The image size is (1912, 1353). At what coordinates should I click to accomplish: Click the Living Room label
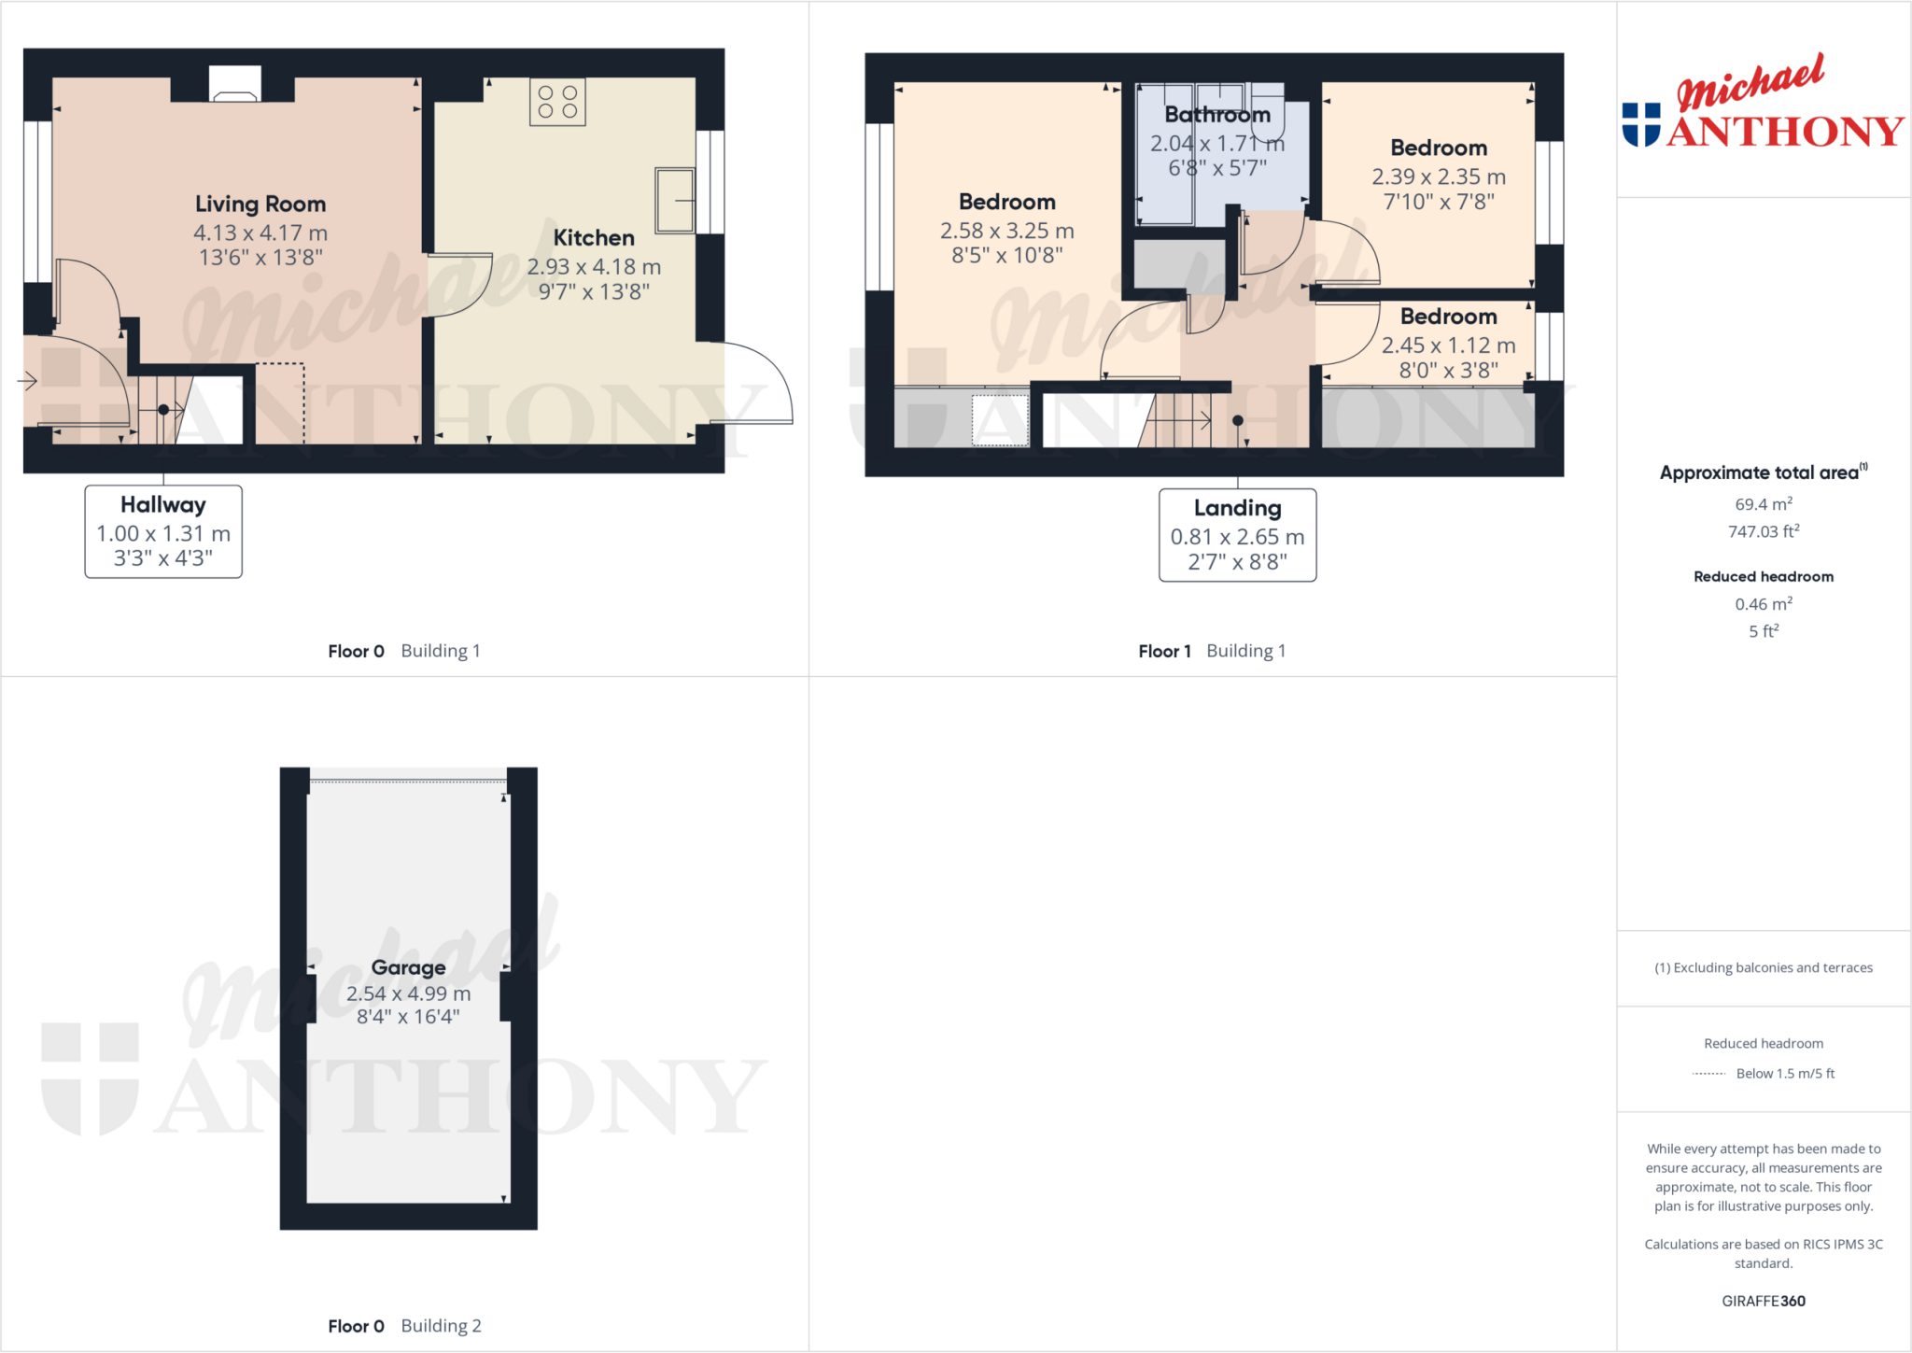[260, 204]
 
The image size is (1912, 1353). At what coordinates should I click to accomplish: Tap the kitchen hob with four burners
[557, 102]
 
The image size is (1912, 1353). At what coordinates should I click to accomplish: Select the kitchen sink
[675, 200]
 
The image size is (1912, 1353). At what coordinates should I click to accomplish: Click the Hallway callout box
[163, 531]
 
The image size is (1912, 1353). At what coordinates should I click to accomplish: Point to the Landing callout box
[1237, 535]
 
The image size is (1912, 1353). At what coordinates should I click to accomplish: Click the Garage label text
[408, 967]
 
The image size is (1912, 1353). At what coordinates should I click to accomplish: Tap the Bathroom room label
[1217, 115]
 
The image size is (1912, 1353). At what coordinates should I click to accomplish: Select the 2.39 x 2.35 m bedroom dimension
[1439, 176]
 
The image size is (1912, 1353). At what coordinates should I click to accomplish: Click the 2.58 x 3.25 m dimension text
[1006, 231]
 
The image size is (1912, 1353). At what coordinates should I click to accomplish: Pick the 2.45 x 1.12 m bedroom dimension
[1448, 345]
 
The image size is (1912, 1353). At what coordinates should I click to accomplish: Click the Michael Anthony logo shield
[1640, 125]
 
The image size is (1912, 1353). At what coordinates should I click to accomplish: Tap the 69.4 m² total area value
[1764, 504]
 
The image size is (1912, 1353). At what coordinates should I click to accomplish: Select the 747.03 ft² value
[1764, 531]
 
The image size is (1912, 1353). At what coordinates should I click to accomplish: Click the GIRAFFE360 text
[1764, 1301]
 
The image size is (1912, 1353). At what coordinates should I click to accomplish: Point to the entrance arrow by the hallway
[27, 381]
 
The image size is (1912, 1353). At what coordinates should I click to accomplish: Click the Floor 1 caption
[1164, 651]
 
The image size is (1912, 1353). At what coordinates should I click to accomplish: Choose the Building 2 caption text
[441, 1326]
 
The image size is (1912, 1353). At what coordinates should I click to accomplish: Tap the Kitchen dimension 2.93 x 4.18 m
[594, 267]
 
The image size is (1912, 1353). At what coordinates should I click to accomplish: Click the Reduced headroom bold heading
[1764, 576]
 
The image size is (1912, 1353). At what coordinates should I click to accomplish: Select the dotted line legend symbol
[1708, 1074]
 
